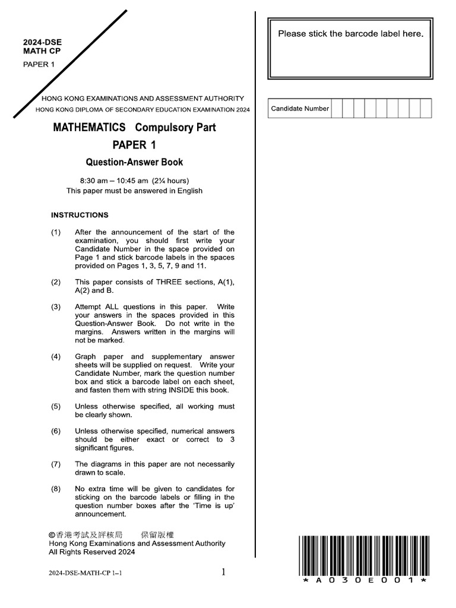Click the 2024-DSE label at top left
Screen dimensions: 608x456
[x=42, y=43]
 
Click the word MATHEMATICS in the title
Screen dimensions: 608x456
[x=89, y=128]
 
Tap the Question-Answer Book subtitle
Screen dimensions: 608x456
[x=134, y=162]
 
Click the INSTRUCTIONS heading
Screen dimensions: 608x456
[x=80, y=215]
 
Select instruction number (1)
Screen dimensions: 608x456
[x=56, y=232]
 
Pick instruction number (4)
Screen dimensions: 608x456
[x=56, y=357]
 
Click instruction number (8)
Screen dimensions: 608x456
[x=56, y=489]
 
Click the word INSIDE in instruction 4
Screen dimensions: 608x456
[x=186, y=390]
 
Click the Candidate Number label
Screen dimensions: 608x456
[x=300, y=109]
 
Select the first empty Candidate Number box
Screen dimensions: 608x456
[x=337, y=109]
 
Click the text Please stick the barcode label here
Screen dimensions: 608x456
[x=351, y=34]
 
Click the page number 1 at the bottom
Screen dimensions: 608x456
[x=223, y=572]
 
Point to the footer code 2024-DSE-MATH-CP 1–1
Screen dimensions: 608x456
[x=87, y=573]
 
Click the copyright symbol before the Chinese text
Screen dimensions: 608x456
[x=52, y=535]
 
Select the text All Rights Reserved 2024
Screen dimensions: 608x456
[x=91, y=552]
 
